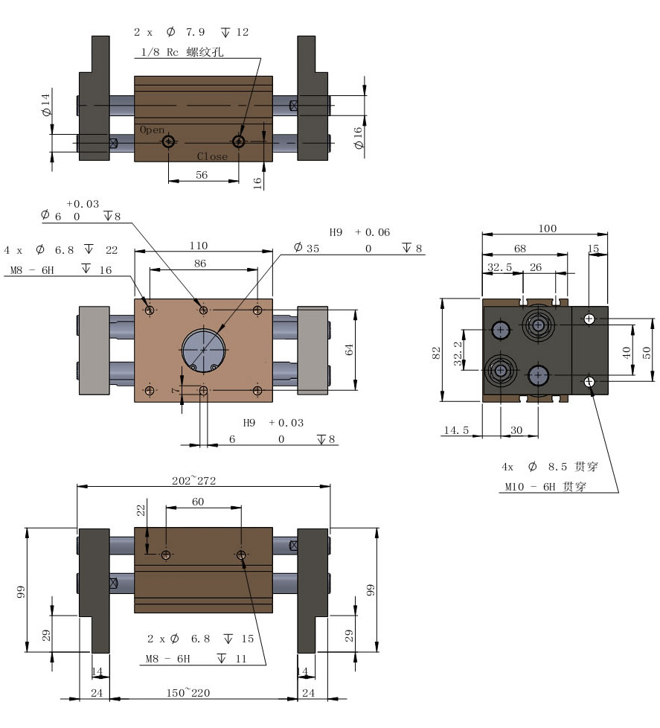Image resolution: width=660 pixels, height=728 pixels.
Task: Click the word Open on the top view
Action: (x=153, y=130)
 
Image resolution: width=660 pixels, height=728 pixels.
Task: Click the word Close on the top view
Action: (x=212, y=156)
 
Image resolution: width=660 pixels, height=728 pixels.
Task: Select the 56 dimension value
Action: (x=202, y=175)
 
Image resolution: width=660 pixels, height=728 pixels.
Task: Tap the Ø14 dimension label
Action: (x=45, y=104)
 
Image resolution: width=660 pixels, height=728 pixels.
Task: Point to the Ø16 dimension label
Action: (x=357, y=138)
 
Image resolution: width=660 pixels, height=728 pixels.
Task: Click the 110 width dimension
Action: (x=199, y=246)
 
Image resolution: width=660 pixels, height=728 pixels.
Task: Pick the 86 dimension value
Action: (x=200, y=264)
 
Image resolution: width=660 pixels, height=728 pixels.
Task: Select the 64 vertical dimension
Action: (x=349, y=350)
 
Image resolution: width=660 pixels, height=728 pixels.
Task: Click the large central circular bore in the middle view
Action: (x=203, y=349)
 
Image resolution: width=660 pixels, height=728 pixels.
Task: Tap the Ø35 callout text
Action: (x=307, y=248)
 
